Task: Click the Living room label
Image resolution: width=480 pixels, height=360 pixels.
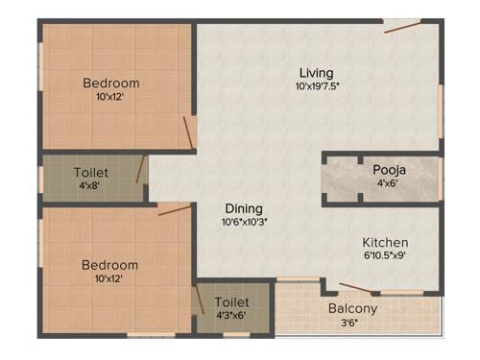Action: (316, 73)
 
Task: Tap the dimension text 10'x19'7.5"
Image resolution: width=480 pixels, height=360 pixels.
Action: (317, 86)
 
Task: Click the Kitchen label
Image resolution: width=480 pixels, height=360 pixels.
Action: (385, 242)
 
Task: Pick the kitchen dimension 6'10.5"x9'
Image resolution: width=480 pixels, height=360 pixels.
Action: (385, 255)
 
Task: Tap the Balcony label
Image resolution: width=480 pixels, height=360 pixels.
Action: (352, 309)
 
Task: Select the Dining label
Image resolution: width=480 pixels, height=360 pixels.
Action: (244, 208)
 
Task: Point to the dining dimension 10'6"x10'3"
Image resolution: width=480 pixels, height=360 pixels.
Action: (244, 222)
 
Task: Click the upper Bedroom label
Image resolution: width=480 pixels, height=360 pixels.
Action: (110, 83)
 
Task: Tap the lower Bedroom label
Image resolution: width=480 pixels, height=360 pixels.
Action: (108, 265)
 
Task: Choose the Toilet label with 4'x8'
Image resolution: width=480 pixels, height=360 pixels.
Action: (91, 173)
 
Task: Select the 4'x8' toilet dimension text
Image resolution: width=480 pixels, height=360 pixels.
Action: (91, 186)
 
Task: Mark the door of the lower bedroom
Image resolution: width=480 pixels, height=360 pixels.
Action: (175, 208)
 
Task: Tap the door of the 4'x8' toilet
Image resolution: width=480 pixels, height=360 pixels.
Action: (141, 170)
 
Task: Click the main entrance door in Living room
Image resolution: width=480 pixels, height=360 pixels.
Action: (401, 27)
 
